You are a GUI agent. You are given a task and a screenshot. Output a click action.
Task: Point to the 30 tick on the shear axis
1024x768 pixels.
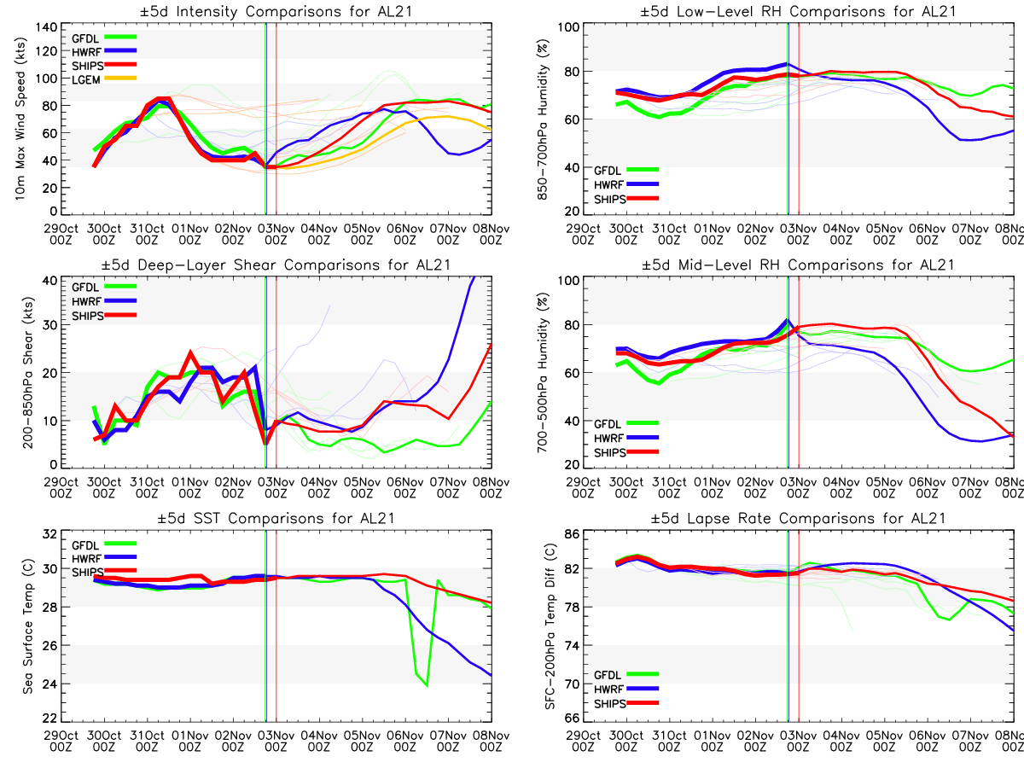pos(49,325)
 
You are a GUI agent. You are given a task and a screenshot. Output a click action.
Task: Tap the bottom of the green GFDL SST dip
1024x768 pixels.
pos(426,685)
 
